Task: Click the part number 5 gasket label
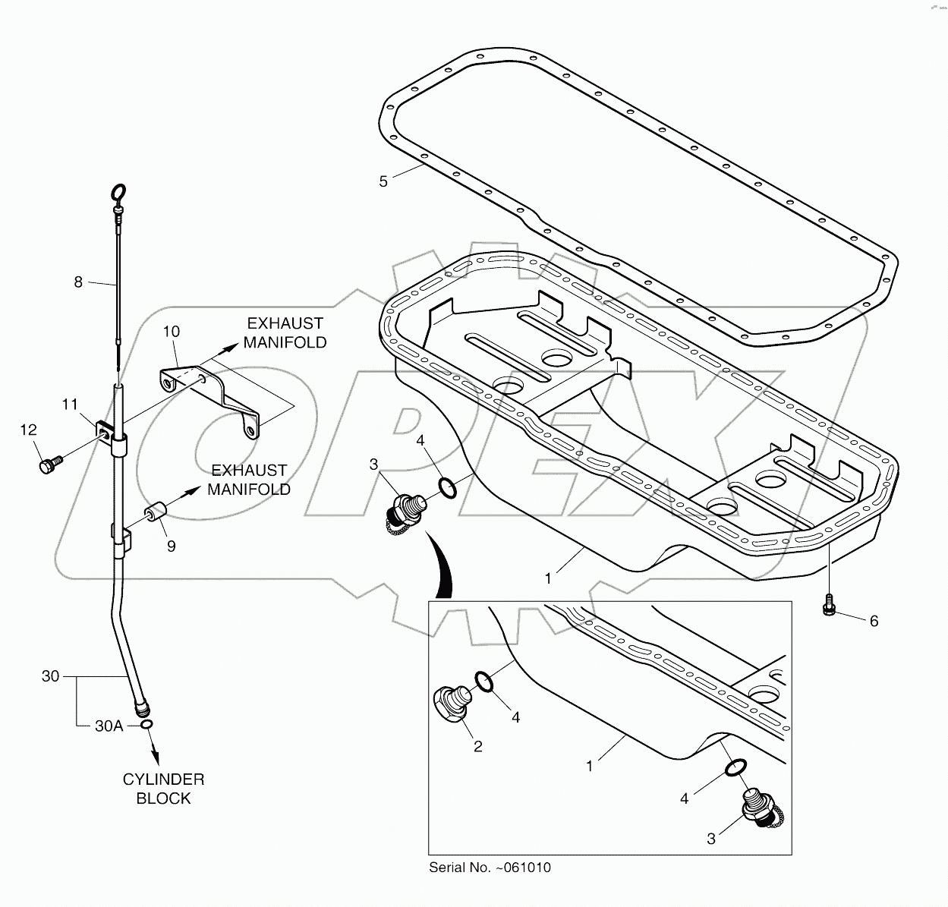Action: coord(383,181)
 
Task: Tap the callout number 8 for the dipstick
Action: coord(78,282)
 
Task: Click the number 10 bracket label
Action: coord(172,331)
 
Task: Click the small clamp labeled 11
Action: coord(104,432)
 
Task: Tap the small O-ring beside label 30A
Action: coord(147,725)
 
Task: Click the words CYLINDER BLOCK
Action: coord(163,789)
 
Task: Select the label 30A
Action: coord(109,726)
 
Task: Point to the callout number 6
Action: coord(874,621)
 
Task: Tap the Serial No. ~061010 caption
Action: coord(490,868)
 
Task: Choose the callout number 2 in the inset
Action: coord(477,746)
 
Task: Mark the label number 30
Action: coord(50,676)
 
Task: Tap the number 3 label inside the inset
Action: coord(711,839)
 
